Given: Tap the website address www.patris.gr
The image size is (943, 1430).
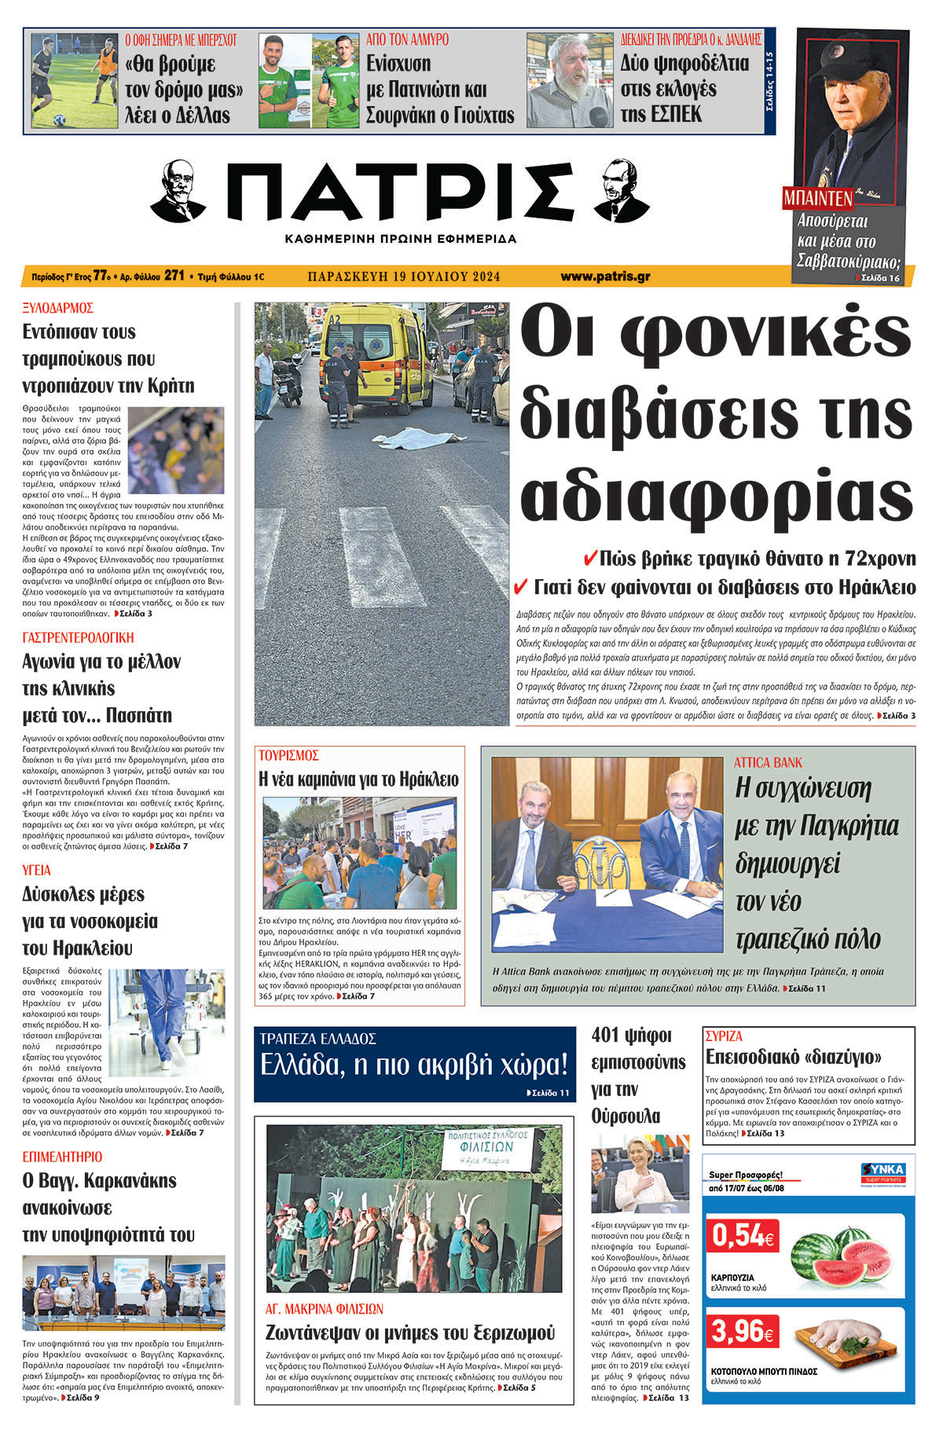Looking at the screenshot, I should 605,277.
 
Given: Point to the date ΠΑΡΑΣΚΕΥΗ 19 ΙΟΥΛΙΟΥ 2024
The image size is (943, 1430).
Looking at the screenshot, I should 404,277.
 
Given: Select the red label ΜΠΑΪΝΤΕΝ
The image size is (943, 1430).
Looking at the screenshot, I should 817,199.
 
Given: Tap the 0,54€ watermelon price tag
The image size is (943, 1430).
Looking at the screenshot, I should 742,1236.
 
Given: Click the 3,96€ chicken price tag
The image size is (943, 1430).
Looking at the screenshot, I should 742,1331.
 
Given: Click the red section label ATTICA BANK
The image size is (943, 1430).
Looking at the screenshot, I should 768,762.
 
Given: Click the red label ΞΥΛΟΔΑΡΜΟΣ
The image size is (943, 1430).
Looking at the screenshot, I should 58,307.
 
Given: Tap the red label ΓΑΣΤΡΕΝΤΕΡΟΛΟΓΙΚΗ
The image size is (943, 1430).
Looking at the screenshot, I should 78,637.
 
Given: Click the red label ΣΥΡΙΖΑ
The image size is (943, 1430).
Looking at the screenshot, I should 724,1036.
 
